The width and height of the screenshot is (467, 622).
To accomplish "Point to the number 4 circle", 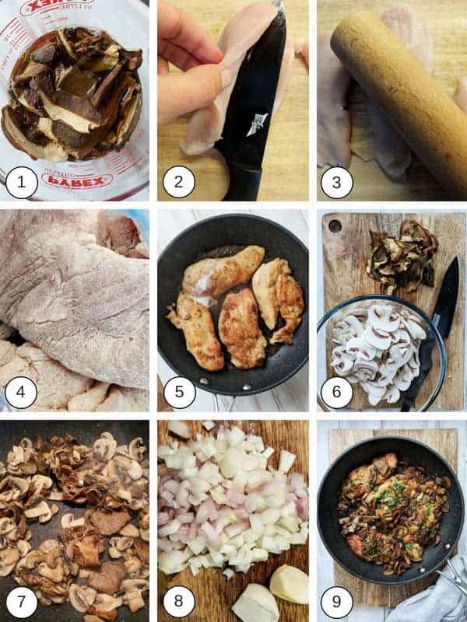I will click(21, 393).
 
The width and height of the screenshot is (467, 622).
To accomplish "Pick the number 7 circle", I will click(21, 603).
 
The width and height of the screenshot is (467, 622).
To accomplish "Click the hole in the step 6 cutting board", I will click(335, 226).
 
